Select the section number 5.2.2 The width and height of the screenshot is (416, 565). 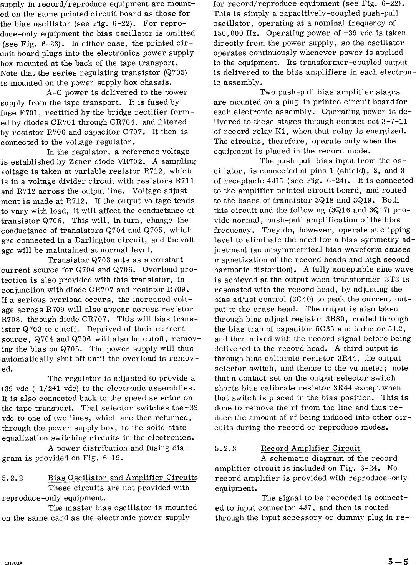[13, 478]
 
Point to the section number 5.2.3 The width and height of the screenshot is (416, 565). [226, 448]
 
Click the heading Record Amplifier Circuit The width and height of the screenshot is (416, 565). [311, 448]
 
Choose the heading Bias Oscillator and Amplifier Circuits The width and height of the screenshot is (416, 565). [123, 478]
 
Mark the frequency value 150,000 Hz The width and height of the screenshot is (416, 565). [234, 33]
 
